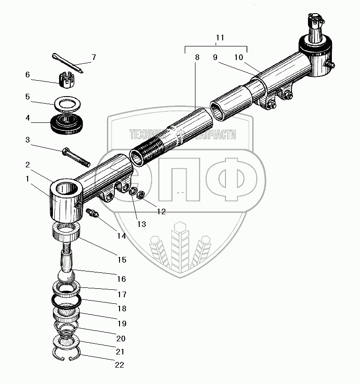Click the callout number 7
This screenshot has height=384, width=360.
(93, 58)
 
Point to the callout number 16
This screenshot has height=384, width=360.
(121, 279)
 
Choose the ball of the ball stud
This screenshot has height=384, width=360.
(68, 275)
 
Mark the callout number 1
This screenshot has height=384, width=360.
(28, 179)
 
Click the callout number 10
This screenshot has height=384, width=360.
(239, 58)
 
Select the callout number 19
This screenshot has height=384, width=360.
(121, 324)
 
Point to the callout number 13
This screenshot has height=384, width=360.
(142, 224)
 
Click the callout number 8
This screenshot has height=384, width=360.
(197, 58)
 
